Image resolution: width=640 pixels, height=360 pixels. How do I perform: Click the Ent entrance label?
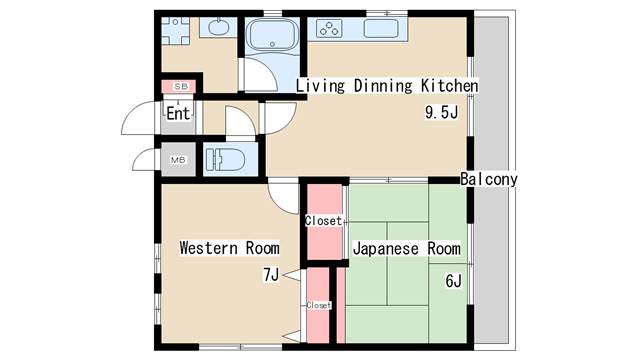[x=178, y=113]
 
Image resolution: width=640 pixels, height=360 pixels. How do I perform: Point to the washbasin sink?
[x=221, y=27]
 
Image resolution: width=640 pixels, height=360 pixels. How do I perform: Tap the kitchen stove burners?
[x=330, y=29]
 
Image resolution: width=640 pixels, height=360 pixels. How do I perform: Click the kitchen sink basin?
[x=382, y=28]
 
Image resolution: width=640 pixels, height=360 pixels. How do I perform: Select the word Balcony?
[x=489, y=180]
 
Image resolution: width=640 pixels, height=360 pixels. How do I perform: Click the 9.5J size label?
[x=441, y=112]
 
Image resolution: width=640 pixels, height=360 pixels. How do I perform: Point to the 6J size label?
[x=452, y=281]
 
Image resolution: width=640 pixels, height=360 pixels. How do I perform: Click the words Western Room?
[x=228, y=248]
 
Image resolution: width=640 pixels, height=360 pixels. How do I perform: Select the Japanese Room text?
[x=405, y=249]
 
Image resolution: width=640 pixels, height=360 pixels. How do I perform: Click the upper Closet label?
[x=323, y=220]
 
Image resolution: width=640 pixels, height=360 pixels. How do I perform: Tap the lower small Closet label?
[x=318, y=305]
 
